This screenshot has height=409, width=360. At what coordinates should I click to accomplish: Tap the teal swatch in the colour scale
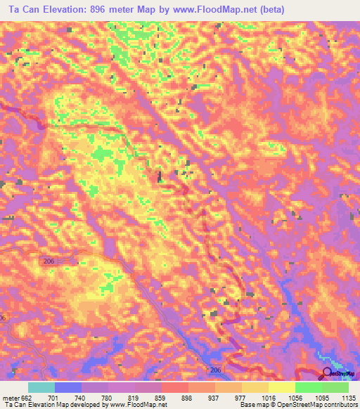pos(41,387)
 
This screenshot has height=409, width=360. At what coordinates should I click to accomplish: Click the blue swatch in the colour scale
pos(68,387)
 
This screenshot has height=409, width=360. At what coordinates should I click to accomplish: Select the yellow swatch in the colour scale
pos(281,387)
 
